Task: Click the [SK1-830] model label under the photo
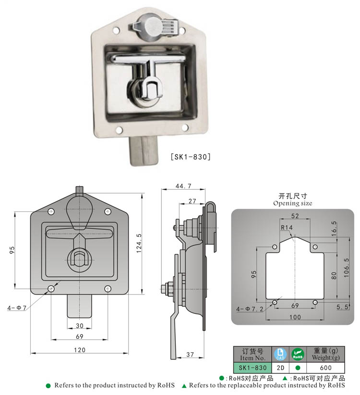[191, 156]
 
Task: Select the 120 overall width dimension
[80, 350]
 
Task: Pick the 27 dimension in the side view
[192, 200]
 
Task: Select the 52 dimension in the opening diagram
[294, 216]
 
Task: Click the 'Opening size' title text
[292, 203]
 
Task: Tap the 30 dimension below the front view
[80, 325]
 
